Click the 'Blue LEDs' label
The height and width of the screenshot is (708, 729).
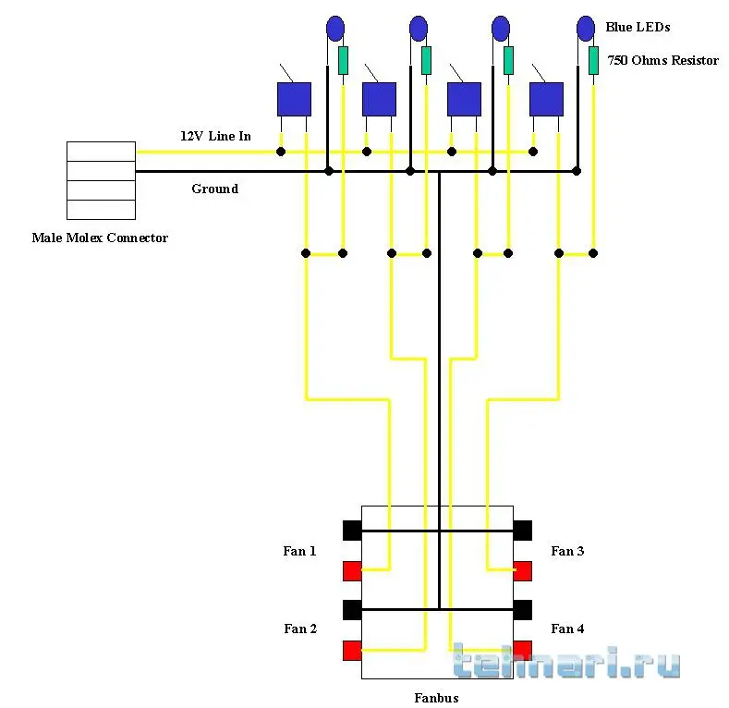pyautogui.click(x=637, y=28)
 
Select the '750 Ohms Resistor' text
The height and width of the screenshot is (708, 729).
pyautogui.click(x=662, y=60)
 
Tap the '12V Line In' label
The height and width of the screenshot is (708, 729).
pyautogui.click(x=215, y=136)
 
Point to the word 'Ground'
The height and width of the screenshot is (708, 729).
pyautogui.click(x=214, y=189)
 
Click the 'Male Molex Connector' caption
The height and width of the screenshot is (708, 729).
pyautogui.click(x=100, y=238)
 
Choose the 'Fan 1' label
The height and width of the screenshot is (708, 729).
pyautogui.click(x=299, y=551)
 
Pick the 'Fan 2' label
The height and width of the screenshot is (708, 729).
pyautogui.click(x=300, y=629)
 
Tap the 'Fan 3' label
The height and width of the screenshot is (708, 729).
pyautogui.click(x=567, y=551)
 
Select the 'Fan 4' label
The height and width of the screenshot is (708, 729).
pyautogui.click(x=567, y=629)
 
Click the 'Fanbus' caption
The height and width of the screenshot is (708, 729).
pyautogui.click(x=436, y=698)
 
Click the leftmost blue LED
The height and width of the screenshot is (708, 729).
pyautogui.click(x=334, y=29)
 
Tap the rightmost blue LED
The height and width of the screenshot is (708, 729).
pyautogui.click(x=586, y=29)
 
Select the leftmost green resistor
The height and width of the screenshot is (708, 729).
pyautogui.click(x=343, y=60)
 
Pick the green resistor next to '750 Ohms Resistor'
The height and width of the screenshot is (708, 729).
pyautogui.click(x=593, y=60)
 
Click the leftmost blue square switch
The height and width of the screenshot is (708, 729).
pyautogui.click(x=294, y=99)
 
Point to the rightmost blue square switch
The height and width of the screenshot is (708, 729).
pyautogui.click(x=546, y=99)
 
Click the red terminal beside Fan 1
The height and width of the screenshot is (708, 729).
pyautogui.click(x=352, y=570)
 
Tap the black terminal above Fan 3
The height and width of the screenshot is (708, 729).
pyautogui.click(x=522, y=530)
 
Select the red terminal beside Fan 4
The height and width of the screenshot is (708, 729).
pyautogui.click(x=522, y=650)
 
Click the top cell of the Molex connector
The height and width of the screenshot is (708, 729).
pyautogui.click(x=102, y=151)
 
